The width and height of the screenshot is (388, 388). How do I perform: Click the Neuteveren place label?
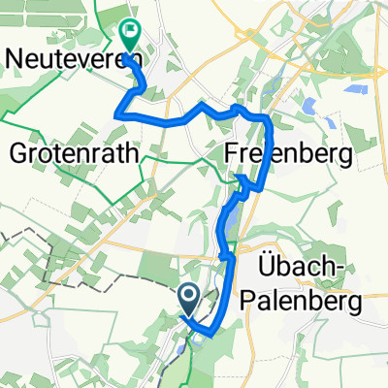[73, 58]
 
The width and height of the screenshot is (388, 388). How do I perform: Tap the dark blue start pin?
[188, 297]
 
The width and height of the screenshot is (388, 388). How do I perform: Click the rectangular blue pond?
[353, 88]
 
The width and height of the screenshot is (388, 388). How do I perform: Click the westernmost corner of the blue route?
[117, 114]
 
